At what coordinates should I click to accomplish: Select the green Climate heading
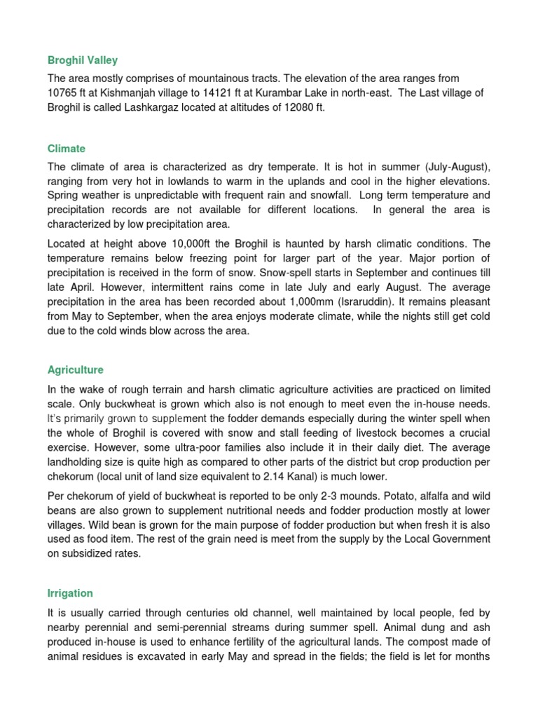[x=67, y=149]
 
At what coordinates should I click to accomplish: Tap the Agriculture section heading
[x=75, y=370]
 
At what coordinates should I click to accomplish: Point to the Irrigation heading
[x=70, y=593]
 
